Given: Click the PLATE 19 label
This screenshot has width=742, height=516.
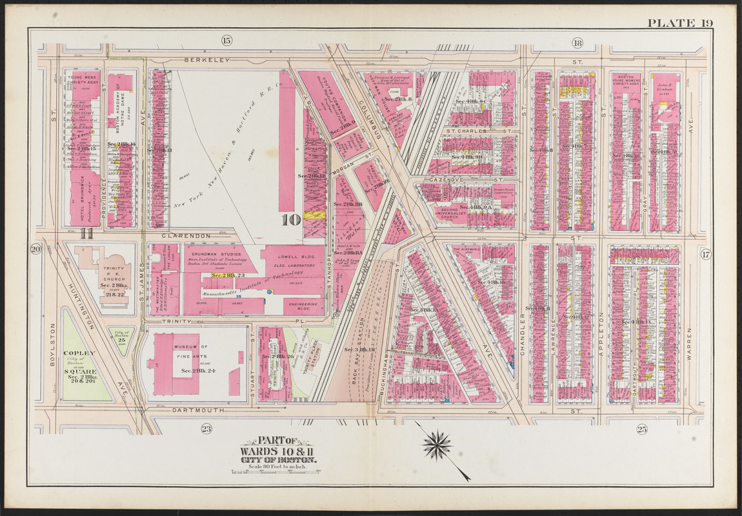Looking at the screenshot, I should pyautogui.click(x=680, y=23).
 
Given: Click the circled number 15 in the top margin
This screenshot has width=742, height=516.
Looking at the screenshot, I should pyautogui.click(x=226, y=42).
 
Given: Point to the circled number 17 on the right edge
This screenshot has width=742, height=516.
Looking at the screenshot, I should pyautogui.click(x=705, y=254).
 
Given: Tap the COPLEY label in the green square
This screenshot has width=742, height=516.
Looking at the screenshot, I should pyautogui.click(x=80, y=353).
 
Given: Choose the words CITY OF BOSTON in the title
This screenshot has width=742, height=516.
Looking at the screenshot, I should pyautogui.click(x=278, y=459).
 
